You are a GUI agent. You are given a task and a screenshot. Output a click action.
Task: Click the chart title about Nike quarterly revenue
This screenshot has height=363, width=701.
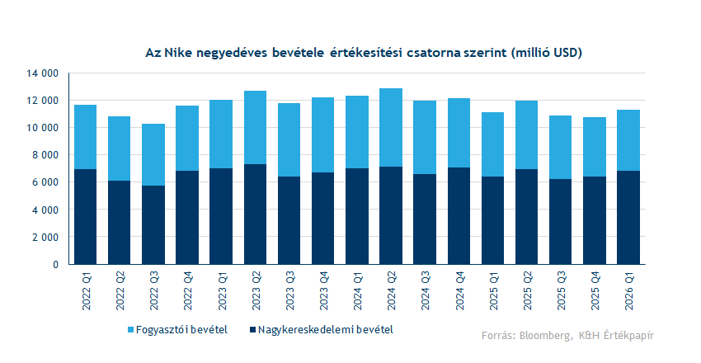click(363, 53)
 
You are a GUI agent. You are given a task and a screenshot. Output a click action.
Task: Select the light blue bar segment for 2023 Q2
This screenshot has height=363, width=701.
click(255, 127)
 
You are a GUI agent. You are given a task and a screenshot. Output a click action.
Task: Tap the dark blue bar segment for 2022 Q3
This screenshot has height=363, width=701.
click(153, 224)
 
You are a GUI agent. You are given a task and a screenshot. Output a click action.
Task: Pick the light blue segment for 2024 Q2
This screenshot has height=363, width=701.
click(391, 127)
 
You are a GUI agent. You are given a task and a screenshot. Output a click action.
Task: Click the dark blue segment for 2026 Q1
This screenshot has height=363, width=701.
click(628, 217)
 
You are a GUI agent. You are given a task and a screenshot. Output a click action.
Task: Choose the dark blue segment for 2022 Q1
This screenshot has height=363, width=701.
click(86, 216)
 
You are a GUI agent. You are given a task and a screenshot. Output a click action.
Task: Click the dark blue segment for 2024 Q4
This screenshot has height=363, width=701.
click(459, 215)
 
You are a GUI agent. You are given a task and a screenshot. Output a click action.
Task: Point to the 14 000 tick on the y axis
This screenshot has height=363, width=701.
click(41, 73)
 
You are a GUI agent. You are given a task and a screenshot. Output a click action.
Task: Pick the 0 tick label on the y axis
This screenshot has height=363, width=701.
click(54, 265)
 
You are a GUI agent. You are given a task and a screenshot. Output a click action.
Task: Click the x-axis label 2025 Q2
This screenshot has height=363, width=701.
click(527, 290)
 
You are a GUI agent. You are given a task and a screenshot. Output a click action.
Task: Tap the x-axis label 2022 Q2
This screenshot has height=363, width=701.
click(120, 290)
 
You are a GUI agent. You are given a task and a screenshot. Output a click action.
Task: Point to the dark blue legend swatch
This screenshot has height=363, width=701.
click(251, 330)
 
